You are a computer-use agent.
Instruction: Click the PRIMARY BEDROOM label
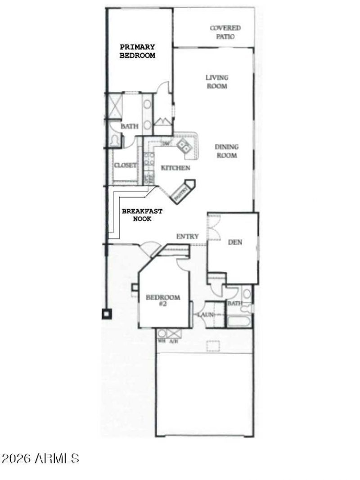(137, 51)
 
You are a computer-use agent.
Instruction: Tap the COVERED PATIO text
(225, 32)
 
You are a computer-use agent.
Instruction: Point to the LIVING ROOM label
(217, 81)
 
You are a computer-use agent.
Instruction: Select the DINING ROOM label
(226, 151)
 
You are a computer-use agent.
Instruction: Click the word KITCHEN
(175, 168)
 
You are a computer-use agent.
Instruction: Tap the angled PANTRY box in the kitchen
(183, 191)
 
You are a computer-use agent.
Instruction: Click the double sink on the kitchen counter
(184, 145)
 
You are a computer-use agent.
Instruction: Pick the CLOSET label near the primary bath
(125, 166)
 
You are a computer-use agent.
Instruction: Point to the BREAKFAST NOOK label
(142, 215)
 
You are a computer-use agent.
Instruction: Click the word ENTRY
(188, 236)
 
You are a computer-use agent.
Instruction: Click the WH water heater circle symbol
(162, 334)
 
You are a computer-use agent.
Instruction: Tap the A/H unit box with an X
(174, 334)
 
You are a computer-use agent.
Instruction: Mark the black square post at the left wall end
(107, 314)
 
